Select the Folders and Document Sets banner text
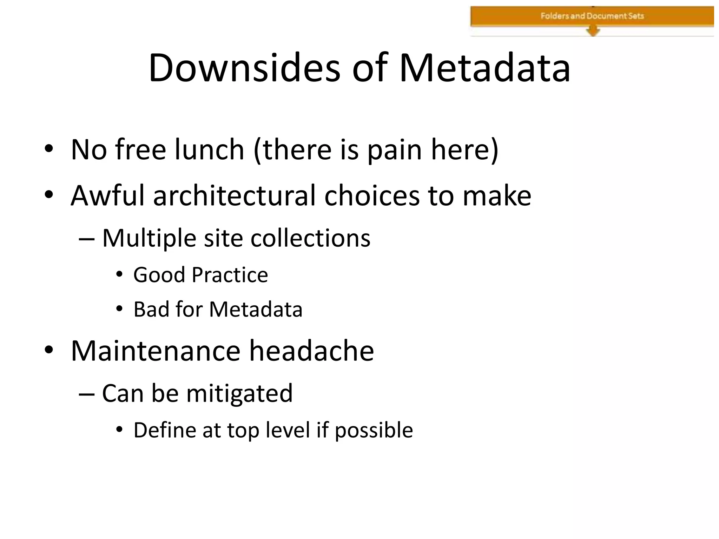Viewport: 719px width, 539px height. click(x=592, y=16)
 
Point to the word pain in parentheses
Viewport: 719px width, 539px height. click(x=394, y=150)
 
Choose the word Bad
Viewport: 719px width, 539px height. click(x=151, y=309)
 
